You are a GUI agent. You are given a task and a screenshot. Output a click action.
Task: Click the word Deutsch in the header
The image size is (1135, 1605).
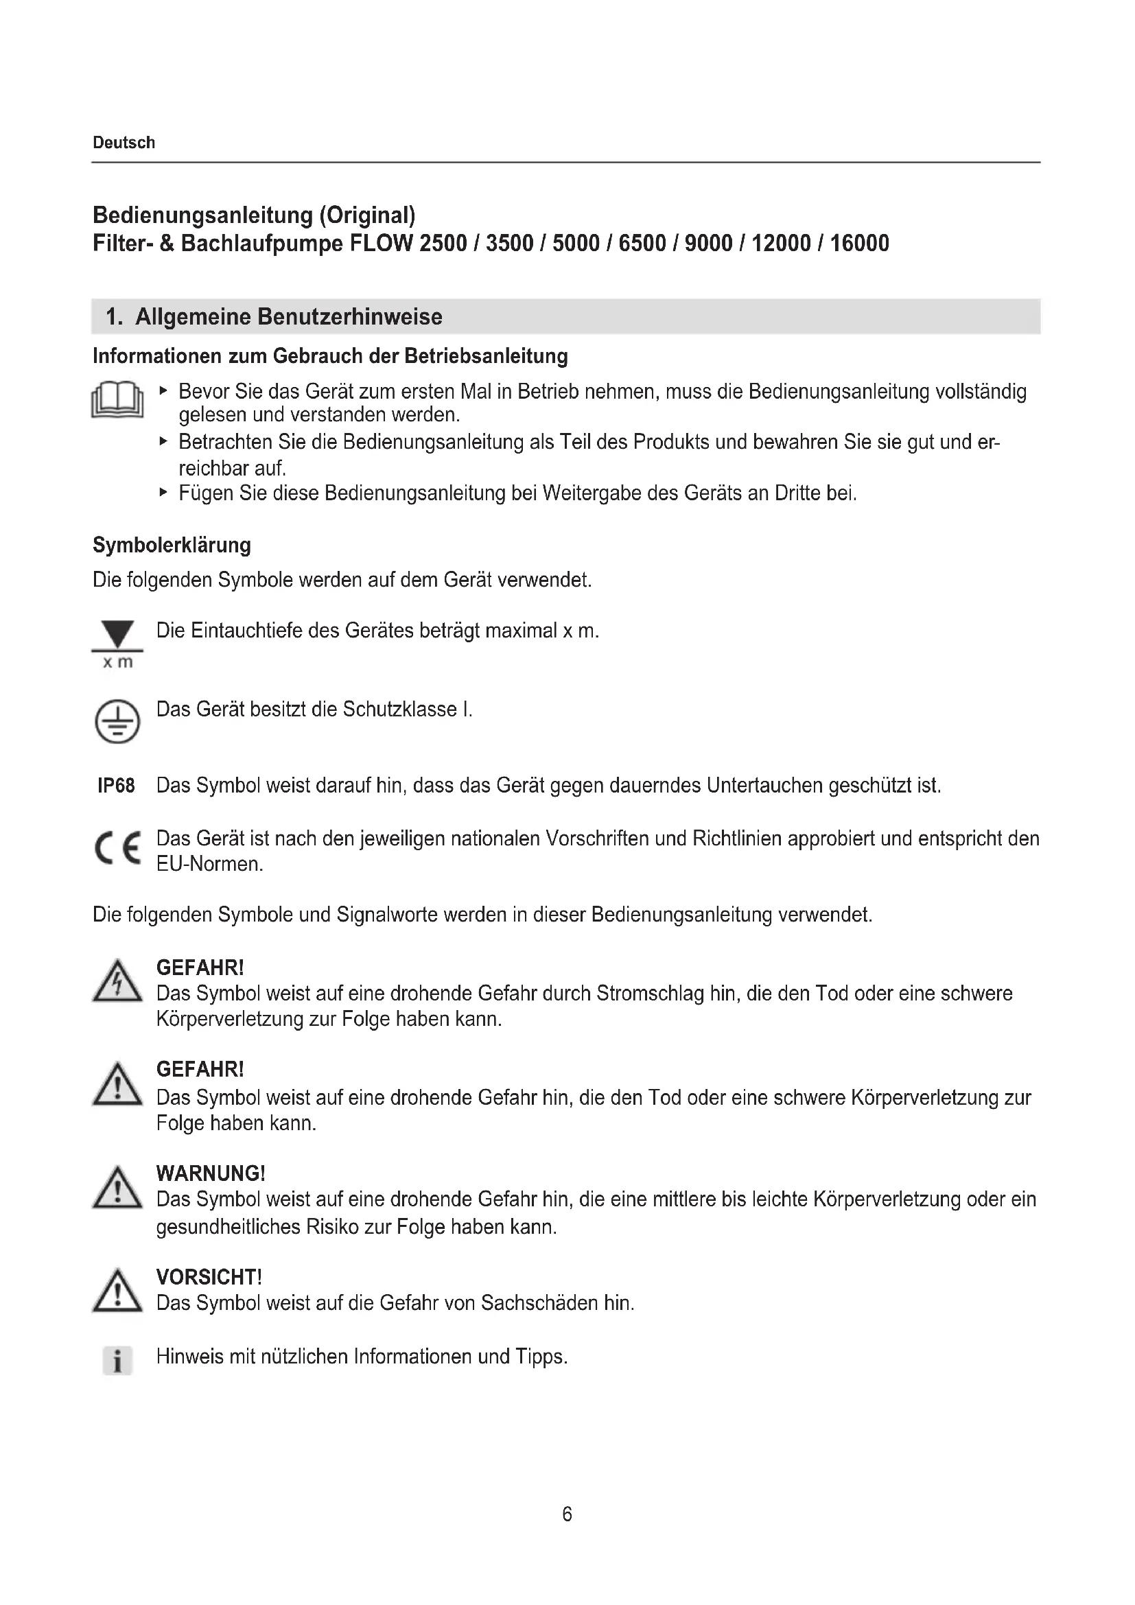point(124,143)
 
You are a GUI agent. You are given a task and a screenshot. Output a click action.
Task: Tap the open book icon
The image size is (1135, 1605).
point(117,400)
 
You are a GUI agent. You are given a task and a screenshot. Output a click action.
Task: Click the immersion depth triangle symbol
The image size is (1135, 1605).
point(117,635)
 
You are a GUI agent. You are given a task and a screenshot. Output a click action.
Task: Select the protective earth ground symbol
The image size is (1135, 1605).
point(117,721)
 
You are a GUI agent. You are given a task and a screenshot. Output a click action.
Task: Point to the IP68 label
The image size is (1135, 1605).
point(116,786)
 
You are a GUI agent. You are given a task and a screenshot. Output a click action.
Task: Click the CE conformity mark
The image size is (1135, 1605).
point(117,849)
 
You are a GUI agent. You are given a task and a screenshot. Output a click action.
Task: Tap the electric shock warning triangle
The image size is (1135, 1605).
point(117,981)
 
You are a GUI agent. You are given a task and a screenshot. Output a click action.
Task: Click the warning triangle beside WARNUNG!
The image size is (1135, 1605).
point(117,1188)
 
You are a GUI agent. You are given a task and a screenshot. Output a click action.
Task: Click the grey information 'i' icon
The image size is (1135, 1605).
point(117,1360)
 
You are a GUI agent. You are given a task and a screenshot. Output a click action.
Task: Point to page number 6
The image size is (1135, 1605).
point(567,1514)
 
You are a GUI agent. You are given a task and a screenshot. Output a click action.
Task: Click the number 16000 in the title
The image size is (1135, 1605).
point(859,244)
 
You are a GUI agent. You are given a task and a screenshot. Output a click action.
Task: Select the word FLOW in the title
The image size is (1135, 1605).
point(380,244)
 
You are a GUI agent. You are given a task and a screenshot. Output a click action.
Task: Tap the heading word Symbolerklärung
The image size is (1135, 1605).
point(172,546)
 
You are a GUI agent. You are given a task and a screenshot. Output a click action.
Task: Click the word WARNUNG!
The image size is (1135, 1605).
point(211,1173)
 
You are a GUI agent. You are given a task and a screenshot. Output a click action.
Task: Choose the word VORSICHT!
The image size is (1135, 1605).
point(209,1277)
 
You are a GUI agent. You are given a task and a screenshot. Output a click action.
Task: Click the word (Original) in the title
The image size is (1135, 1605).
point(367,215)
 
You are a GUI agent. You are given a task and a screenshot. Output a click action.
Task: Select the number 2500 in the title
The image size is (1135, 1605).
point(443,244)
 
